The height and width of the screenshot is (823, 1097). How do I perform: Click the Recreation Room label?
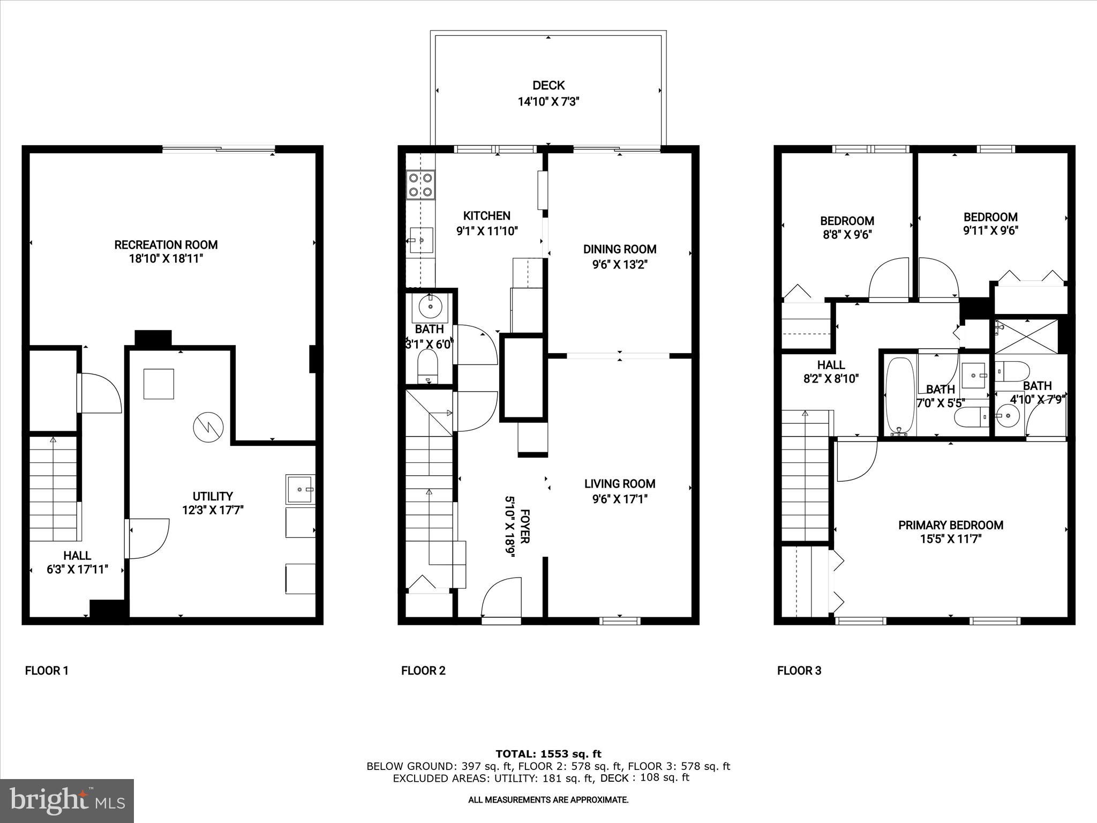tap(166, 245)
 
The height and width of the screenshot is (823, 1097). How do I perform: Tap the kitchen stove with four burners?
tap(420, 184)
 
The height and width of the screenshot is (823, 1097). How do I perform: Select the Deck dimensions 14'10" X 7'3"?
tap(548, 101)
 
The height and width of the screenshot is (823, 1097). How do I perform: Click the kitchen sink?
tap(422, 240)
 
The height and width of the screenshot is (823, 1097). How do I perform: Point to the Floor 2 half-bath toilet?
tap(427, 366)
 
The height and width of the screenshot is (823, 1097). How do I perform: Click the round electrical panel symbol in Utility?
tap(208, 427)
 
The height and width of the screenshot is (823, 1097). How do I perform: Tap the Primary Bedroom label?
tap(950, 525)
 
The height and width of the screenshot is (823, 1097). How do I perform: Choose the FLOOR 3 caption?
tap(799, 670)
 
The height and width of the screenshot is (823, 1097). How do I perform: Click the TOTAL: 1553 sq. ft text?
tap(548, 754)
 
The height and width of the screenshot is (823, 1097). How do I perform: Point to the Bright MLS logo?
tap(67, 800)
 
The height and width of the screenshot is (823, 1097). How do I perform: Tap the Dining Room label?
tap(620, 249)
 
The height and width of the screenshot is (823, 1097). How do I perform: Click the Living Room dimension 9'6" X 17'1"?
tap(620, 499)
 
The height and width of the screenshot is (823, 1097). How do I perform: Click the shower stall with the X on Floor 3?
tap(1026, 336)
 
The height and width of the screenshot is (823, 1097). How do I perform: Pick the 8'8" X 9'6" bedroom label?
tap(847, 235)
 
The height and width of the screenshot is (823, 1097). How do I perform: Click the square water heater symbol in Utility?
tap(159, 384)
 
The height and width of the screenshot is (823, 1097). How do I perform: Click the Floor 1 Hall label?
tap(77, 556)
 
